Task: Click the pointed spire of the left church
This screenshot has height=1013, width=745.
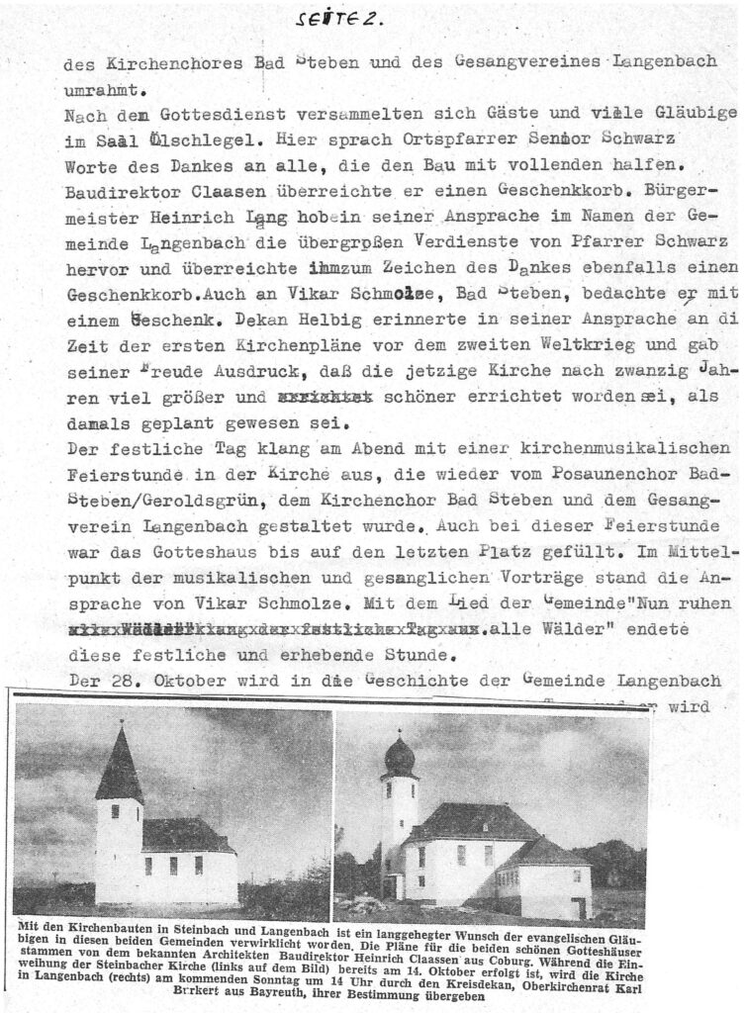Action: coord(119,763)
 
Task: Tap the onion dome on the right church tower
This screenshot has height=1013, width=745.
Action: coord(400,755)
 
